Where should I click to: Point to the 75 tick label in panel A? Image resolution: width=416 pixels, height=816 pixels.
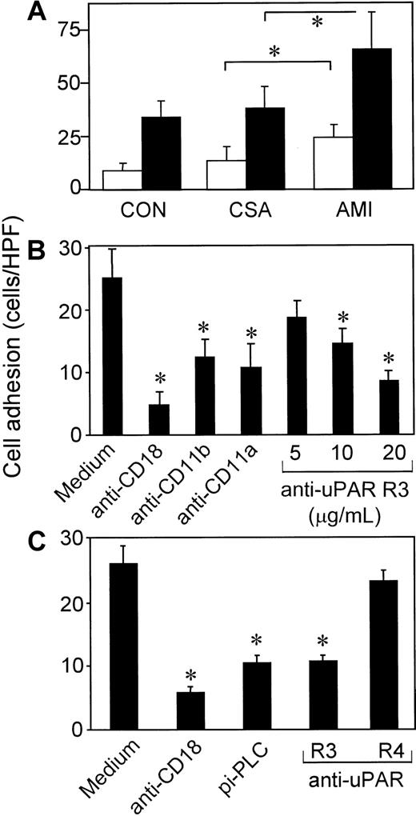click(x=71, y=32)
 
